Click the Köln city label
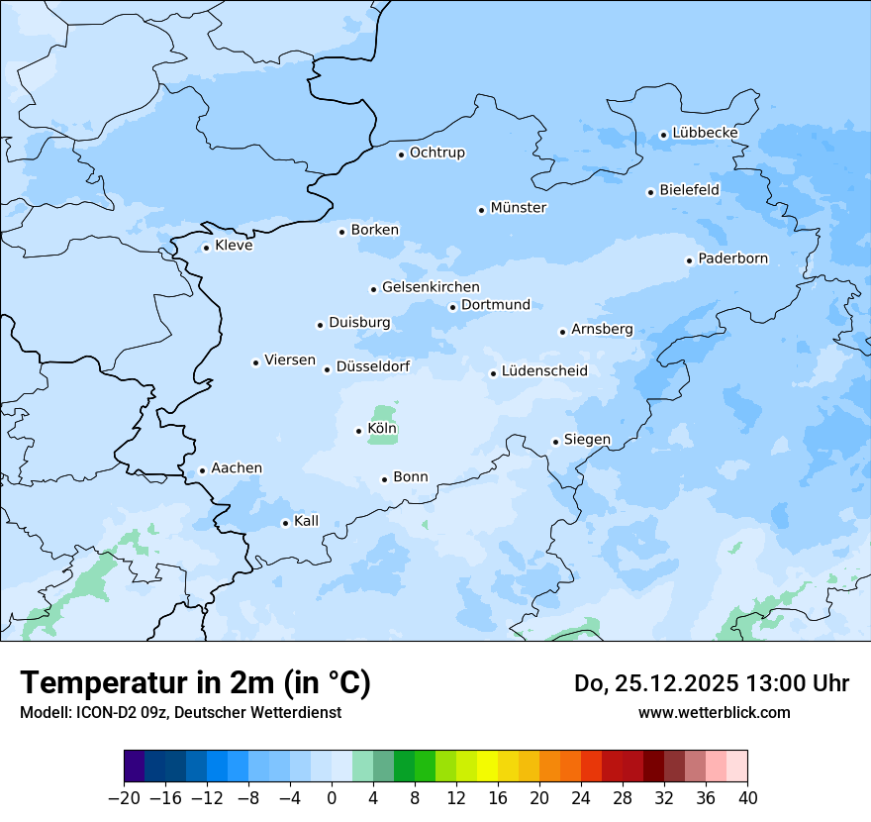[x=382, y=429]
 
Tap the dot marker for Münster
[x=481, y=210]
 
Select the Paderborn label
[x=732, y=258]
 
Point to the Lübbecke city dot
[x=663, y=135]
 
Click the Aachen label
[x=237, y=468]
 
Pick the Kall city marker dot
[x=285, y=523]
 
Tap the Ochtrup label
[x=436, y=153]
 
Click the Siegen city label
[x=587, y=440]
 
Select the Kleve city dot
[x=206, y=248]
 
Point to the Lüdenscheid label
[x=544, y=371]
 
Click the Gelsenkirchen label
[x=431, y=287]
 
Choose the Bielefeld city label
[x=689, y=189]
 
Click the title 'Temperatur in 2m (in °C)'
[x=195, y=682]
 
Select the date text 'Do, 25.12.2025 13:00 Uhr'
[x=711, y=682]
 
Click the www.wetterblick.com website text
[x=714, y=712]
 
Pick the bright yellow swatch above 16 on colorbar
[x=487, y=767]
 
